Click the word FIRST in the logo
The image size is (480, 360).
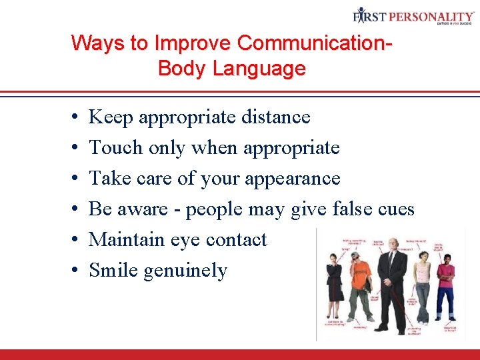371,15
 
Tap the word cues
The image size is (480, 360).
396,209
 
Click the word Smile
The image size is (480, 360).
114,270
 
